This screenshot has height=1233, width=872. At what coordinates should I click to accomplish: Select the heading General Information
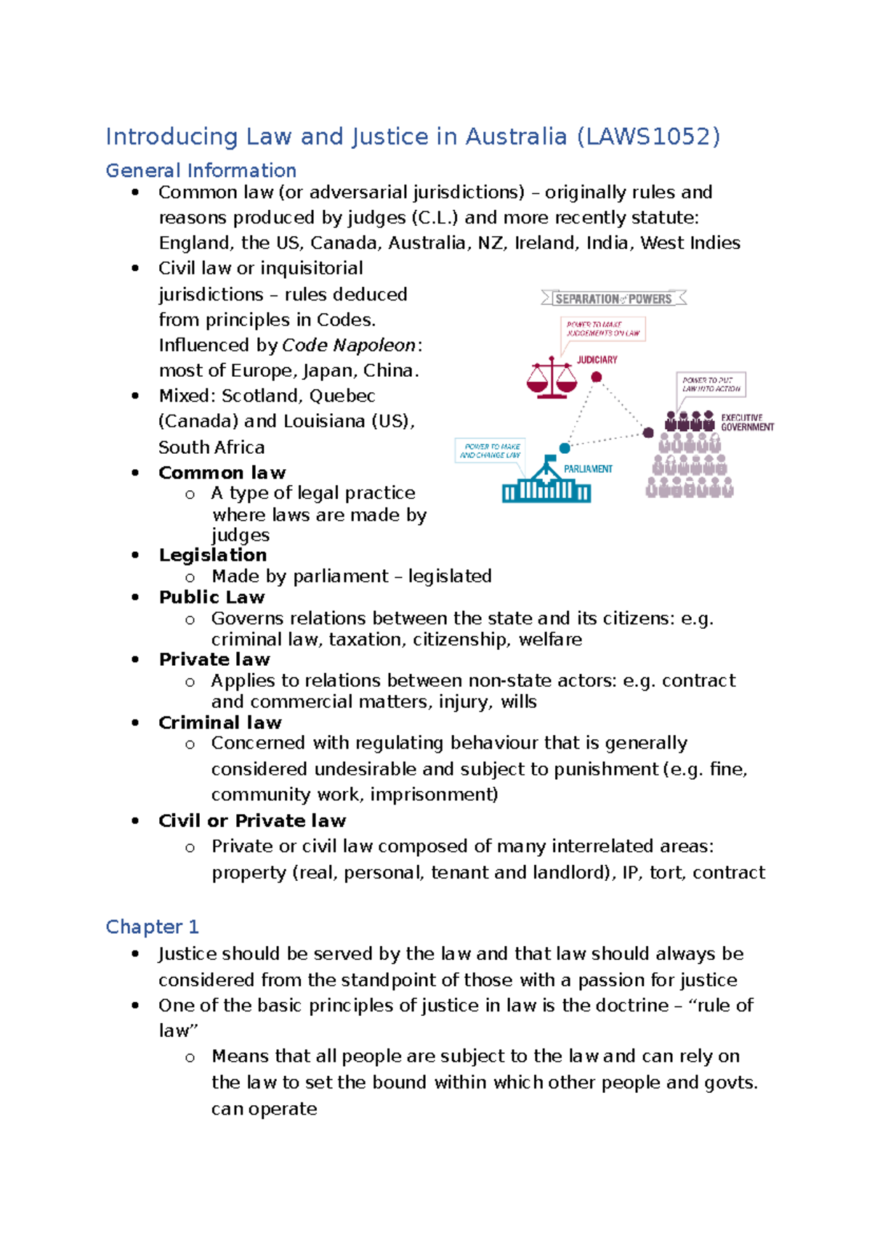[x=201, y=171]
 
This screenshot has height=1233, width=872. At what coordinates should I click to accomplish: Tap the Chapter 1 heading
[x=152, y=927]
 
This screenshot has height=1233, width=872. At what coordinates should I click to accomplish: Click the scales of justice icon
[x=552, y=378]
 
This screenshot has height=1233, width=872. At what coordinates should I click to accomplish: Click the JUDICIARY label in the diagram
[x=597, y=359]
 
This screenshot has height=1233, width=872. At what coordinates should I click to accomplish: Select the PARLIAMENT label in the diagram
[x=588, y=469]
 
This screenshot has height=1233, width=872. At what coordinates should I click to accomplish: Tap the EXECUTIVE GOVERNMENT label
[x=746, y=423]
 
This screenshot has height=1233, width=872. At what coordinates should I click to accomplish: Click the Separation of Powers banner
[x=614, y=298]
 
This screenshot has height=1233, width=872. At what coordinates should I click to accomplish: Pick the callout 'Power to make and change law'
[x=490, y=451]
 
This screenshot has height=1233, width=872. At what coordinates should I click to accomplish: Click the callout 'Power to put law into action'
[x=711, y=384]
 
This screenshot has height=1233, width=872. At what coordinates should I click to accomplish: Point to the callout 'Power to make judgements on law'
[x=603, y=329]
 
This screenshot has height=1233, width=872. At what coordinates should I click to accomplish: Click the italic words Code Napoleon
[x=349, y=346]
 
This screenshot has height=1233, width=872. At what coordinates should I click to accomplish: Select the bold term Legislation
[x=213, y=556]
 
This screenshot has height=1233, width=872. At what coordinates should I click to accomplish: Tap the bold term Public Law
[x=211, y=598]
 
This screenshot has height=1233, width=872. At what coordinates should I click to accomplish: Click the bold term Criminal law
[x=220, y=723]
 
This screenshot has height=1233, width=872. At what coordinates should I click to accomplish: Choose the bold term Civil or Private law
[x=252, y=821]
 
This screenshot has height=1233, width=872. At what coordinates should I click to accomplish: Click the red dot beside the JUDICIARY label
[x=597, y=377]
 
